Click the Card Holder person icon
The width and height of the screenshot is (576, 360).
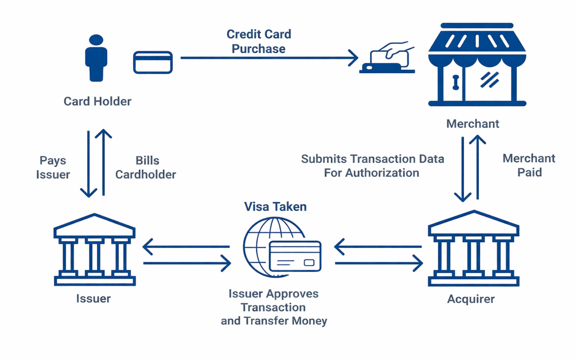tap(97, 58)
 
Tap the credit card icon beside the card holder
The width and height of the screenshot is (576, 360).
tap(153, 62)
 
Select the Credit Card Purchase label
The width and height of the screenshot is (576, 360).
tap(259, 42)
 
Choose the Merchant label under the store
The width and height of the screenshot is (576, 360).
tap(473, 124)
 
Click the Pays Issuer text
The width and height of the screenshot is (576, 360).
tap(53, 167)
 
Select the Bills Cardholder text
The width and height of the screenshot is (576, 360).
tap(146, 167)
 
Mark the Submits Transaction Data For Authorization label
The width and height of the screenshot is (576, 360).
tap(372, 166)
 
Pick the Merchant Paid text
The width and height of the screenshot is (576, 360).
tap(529, 165)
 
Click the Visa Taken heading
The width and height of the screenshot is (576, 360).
tap(275, 207)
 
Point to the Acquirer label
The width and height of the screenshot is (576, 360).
tap(471, 299)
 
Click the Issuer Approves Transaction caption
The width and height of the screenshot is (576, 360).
tap(274, 308)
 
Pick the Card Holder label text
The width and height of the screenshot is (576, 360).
tap(97, 101)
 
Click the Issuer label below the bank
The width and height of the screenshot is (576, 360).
tap(93, 299)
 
